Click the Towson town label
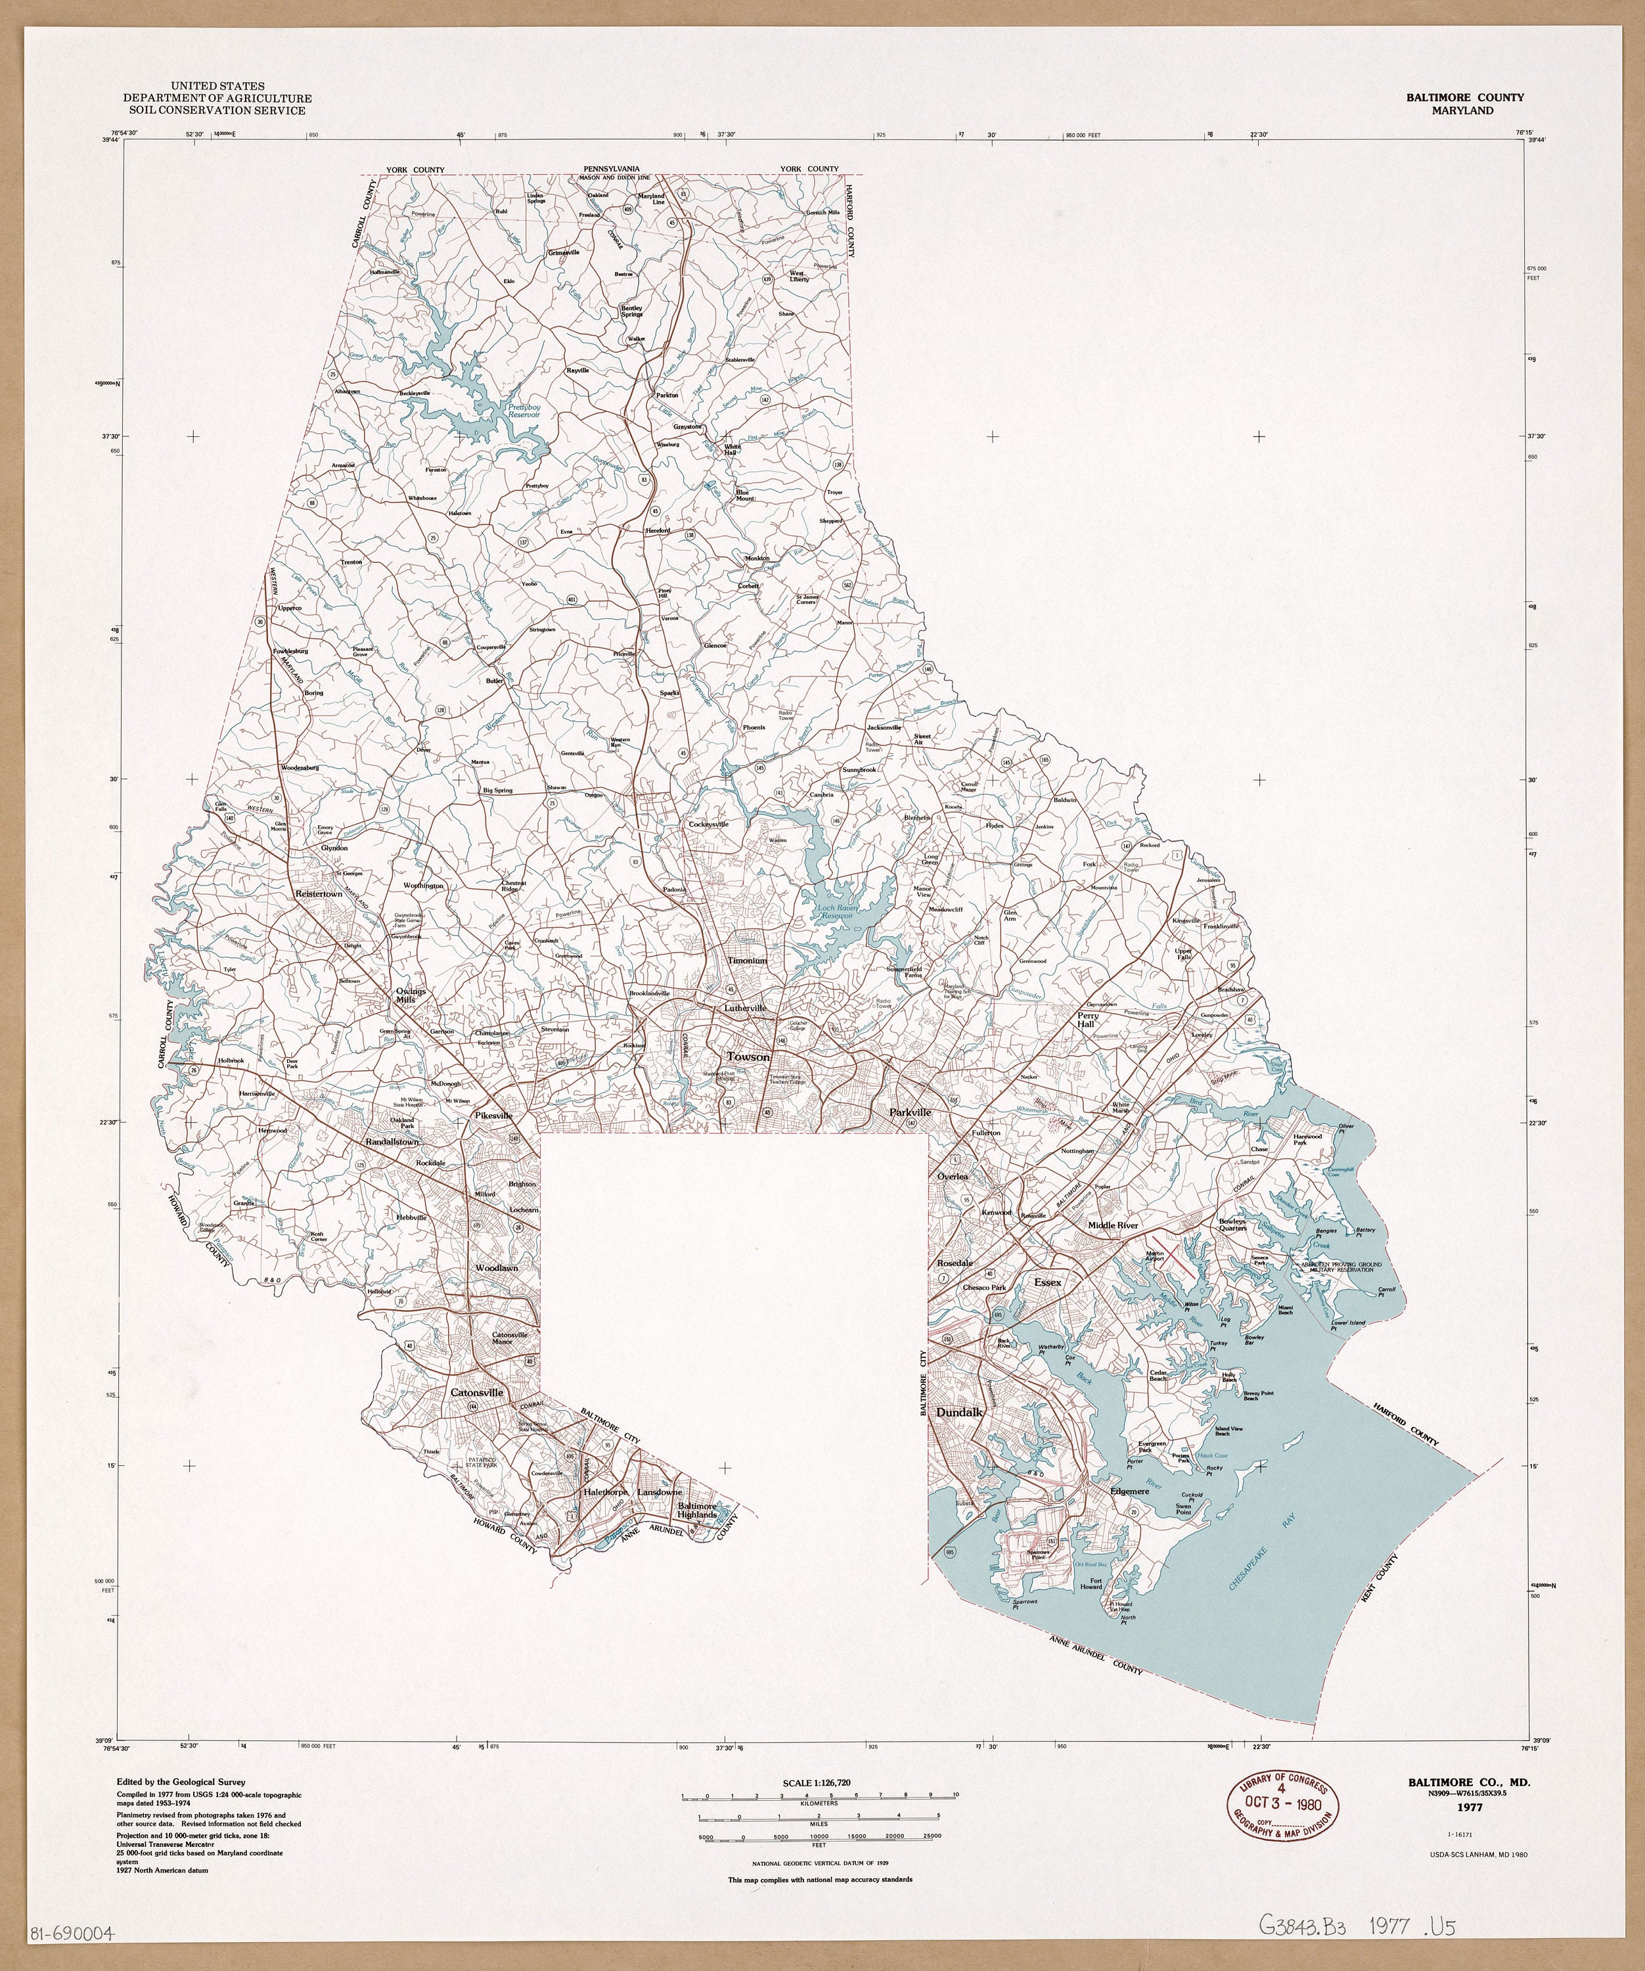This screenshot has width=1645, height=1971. click(747, 1057)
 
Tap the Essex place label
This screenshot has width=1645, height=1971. click(1047, 1281)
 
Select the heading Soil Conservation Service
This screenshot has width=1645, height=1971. click(217, 111)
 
